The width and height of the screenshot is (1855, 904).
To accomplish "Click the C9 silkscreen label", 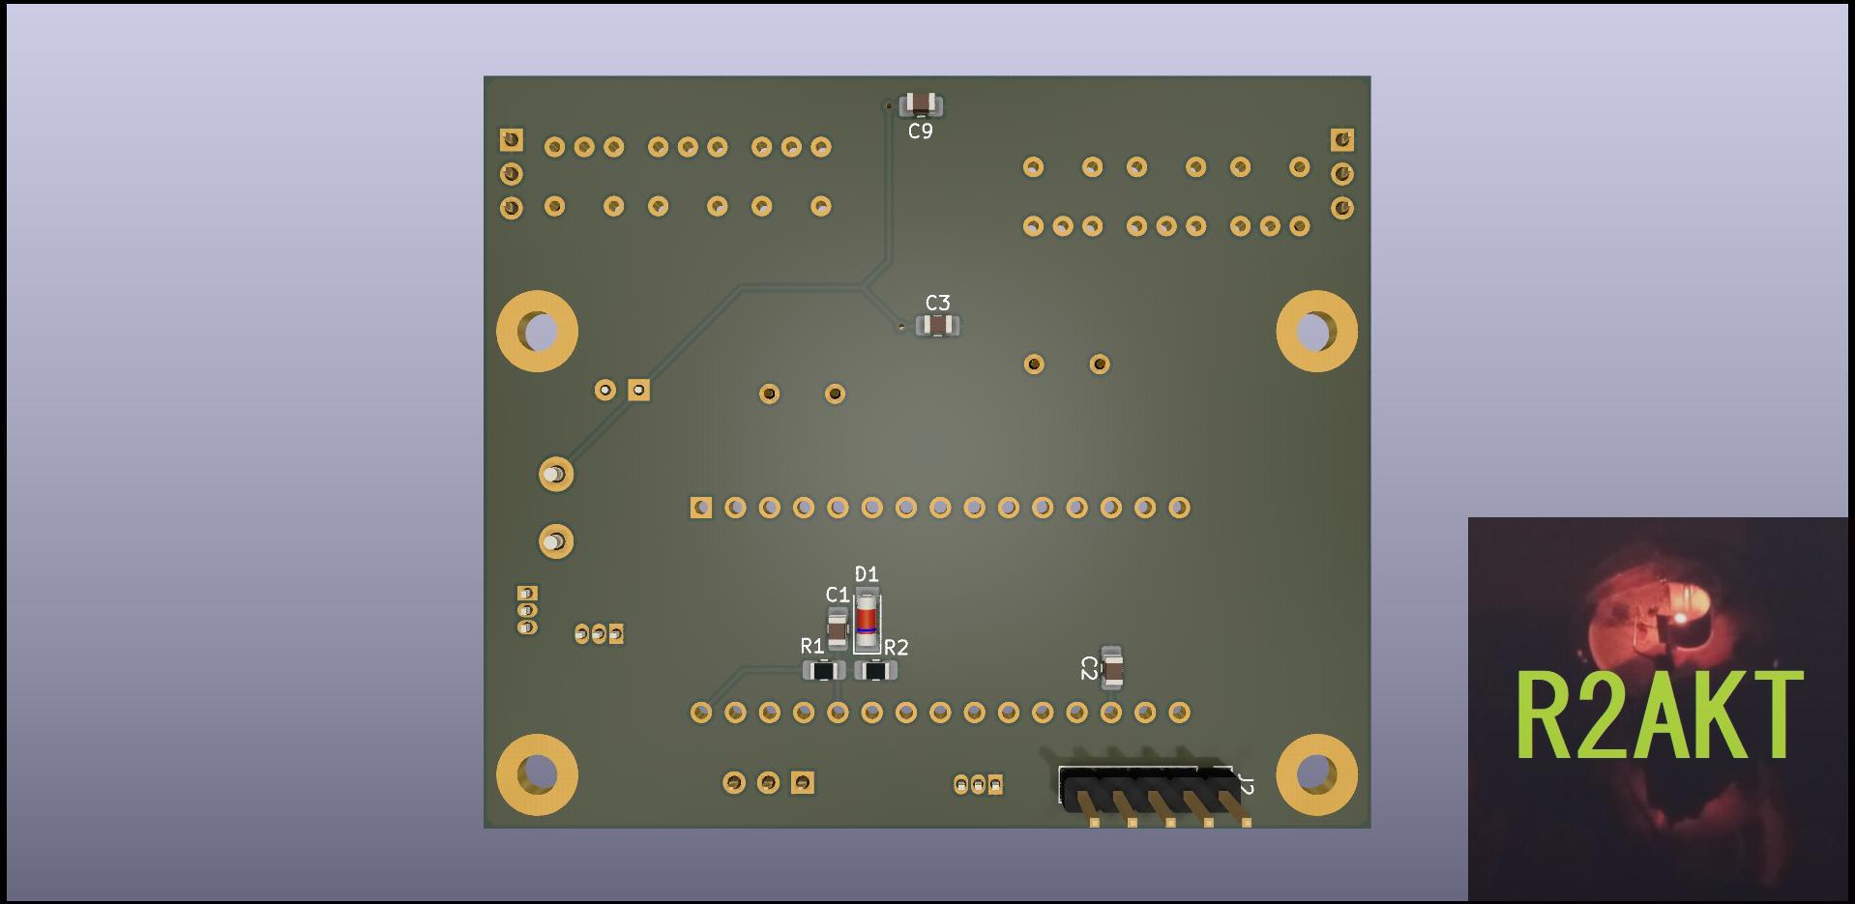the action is pyautogui.click(x=920, y=131).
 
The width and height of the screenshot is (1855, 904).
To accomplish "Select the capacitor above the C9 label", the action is pyautogui.click(x=921, y=103).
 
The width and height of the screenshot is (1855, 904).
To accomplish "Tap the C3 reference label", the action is pyautogui.click(x=937, y=303).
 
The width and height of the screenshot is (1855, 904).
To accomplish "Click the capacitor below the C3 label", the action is pyautogui.click(x=937, y=326).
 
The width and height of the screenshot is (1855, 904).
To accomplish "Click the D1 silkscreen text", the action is pyautogui.click(x=867, y=574).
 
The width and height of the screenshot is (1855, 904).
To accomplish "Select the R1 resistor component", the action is pyautogui.click(x=823, y=670).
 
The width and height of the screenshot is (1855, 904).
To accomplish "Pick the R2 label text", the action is pyautogui.click(x=896, y=647).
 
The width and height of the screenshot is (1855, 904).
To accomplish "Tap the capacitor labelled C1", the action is pyautogui.click(x=838, y=628).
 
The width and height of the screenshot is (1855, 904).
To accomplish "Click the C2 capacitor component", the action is pyautogui.click(x=1112, y=667).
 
